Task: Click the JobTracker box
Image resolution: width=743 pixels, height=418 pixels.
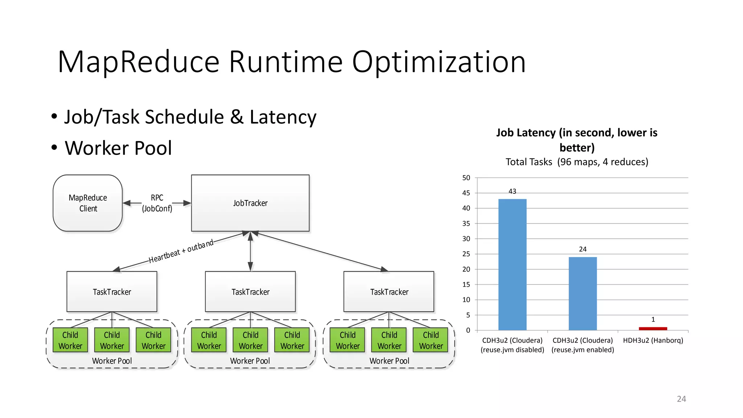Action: (250, 203)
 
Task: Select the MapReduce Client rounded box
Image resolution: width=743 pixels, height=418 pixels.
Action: (88, 203)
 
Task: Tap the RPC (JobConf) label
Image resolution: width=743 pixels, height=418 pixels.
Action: (157, 203)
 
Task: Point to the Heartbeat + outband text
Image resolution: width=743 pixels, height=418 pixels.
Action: (181, 251)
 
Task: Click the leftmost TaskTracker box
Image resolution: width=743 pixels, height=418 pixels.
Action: (112, 292)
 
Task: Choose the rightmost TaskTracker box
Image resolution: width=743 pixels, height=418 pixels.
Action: (389, 292)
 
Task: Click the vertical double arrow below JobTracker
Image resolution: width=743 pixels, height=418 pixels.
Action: (250, 251)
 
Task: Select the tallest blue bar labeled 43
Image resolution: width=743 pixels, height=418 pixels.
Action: (512, 265)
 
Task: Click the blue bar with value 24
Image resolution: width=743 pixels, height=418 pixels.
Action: (583, 294)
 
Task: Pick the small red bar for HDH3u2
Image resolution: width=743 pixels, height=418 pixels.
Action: (653, 329)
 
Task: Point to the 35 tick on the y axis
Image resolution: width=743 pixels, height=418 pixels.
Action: (466, 224)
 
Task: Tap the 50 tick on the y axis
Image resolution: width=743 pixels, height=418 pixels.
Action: (466, 178)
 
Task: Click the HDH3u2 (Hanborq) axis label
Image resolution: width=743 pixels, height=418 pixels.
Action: (653, 340)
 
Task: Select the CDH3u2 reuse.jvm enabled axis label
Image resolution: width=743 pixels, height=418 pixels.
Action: (583, 345)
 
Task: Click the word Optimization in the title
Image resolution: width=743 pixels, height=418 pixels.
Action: (439, 62)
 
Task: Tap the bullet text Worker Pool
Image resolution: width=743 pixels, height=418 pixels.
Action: (118, 148)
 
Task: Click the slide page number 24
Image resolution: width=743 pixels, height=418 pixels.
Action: (681, 399)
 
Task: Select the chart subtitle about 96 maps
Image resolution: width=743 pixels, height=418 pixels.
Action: (577, 162)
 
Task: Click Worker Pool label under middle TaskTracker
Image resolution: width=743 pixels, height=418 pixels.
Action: (250, 361)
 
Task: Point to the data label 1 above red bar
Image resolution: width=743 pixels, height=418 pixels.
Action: (653, 320)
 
